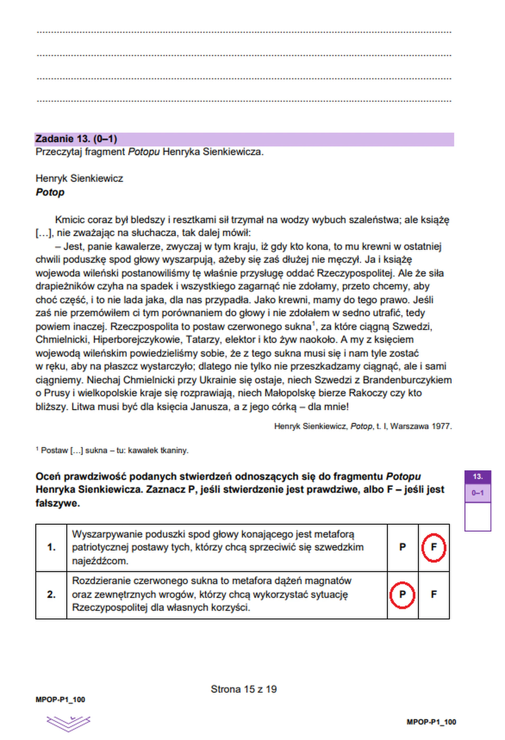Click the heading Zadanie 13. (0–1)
(77, 139)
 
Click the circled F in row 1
(433, 547)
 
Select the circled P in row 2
(402, 594)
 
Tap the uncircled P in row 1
(402, 547)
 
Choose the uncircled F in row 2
(433, 594)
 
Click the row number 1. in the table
(51, 547)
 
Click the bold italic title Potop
(50, 192)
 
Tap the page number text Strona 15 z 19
(244, 689)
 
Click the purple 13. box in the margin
(477, 477)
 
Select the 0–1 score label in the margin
(477, 493)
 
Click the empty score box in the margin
(477, 516)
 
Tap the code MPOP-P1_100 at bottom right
(431, 722)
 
